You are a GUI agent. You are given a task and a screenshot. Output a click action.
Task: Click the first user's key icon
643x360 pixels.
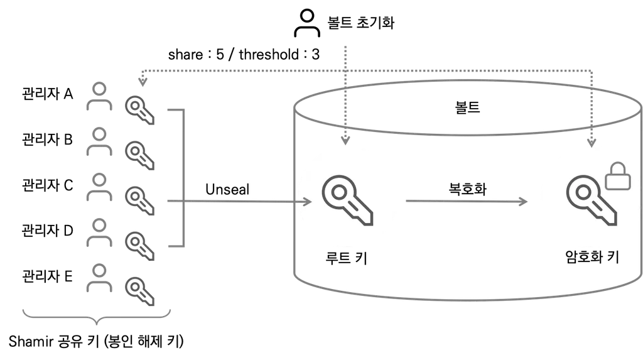[139, 110]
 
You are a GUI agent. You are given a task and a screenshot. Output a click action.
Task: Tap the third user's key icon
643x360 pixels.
[139, 200]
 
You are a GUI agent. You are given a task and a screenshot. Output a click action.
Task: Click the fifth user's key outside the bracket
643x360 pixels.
[139, 292]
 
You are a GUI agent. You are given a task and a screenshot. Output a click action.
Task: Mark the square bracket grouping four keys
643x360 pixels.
[185, 178]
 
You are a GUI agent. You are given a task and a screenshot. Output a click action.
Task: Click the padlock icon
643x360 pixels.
[617, 177]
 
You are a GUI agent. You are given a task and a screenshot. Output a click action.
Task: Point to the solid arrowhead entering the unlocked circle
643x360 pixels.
[308, 202]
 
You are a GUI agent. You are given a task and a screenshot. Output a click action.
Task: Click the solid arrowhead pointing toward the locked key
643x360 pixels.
[522, 202]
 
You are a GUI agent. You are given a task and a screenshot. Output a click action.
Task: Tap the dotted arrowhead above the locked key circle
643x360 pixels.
[591, 142]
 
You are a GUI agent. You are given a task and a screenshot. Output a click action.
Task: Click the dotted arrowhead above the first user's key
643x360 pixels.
[143, 82]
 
